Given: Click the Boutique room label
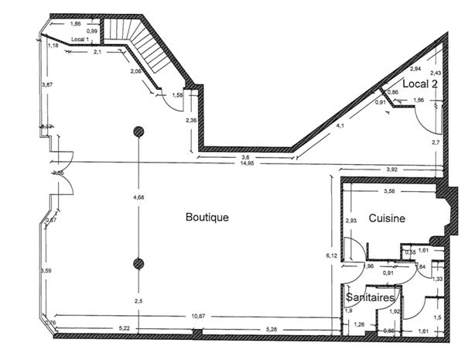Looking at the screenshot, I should point(207,218).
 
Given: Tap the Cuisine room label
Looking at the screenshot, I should point(387,219).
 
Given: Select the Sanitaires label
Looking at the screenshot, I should point(371,297).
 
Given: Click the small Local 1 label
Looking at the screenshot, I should point(80,39).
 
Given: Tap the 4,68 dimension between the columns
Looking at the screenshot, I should point(139,198).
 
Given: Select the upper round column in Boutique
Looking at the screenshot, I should point(139,131).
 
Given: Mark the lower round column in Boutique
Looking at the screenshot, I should point(139,262).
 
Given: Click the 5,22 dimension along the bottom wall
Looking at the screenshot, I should point(125,329).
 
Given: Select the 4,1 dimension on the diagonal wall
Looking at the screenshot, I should point(341,125).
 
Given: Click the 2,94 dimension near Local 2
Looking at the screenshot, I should point(415,69).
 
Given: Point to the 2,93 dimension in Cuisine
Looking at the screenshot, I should point(351,221).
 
